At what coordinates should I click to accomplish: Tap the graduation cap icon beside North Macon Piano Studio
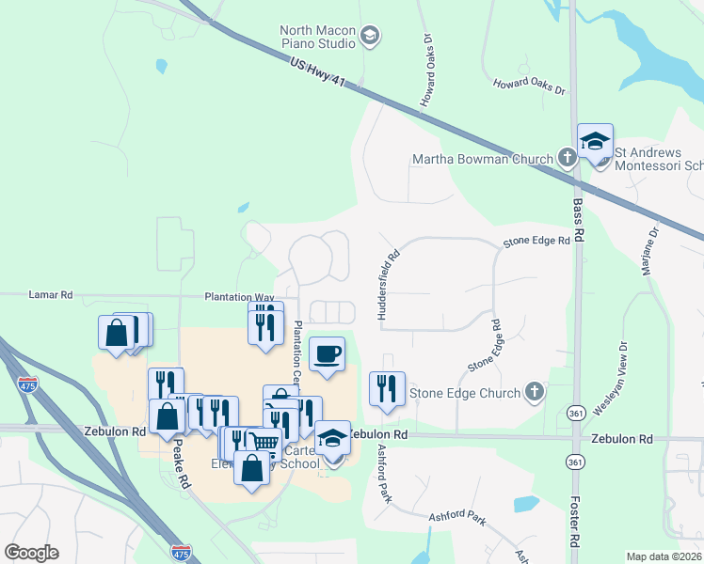pyautogui.click(x=370, y=37)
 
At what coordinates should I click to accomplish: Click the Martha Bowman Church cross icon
pyautogui.click(x=568, y=158)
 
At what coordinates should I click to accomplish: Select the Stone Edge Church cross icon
pyautogui.click(x=535, y=392)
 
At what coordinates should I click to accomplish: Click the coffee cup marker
pyautogui.click(x=327, y=354)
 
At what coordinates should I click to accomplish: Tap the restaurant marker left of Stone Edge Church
pyautogui.click(x=386, y=388)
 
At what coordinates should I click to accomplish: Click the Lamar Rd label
pyautogui.click(x=54, y=294)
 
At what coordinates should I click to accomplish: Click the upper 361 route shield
pyautogui.click(x=573, y=413)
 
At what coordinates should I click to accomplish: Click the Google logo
pyautogui.click(x=31, y=552)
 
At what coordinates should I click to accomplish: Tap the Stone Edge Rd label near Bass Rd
pyautogui.click(x=536, y=242)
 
